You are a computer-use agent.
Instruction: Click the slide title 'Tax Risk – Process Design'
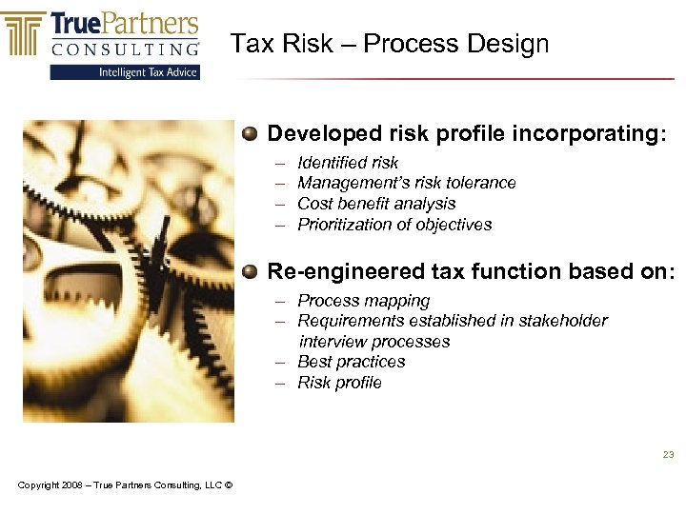pyautogui.click(x=390, y=44)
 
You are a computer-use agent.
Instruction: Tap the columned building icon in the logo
pyautogui.click(x=25, y=34)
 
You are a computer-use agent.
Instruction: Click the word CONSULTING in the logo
pyautogui.click(x=126, y=49)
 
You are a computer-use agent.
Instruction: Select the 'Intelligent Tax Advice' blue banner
pyautogui.click(x=126, y=71)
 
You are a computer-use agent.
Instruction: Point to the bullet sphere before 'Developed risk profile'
pyautogui.click(x=249, y=133)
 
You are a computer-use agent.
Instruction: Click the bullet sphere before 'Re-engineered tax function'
pyautogui.click(x=249, y=271)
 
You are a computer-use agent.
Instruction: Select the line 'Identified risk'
pyautogui.click(x=348, y=163)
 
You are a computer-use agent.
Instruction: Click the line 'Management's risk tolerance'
pyautogui.click(x=407, y=183)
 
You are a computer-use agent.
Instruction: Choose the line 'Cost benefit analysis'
pyautogui.click(x=376, y=204)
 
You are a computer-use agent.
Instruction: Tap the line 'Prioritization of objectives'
pyautogui.click(x=394, y=225)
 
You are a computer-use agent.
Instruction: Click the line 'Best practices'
pyautogui.click(x=352, y=362)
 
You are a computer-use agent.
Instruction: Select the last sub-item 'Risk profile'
pyautogui.click(x=339, y=383)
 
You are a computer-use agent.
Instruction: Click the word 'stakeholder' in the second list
pyautogui.click(x=564, y=321)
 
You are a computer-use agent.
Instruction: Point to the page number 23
pyautogui.click(x=668, y=455)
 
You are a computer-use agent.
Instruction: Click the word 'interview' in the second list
pyautogui.click(x=333, y=342)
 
